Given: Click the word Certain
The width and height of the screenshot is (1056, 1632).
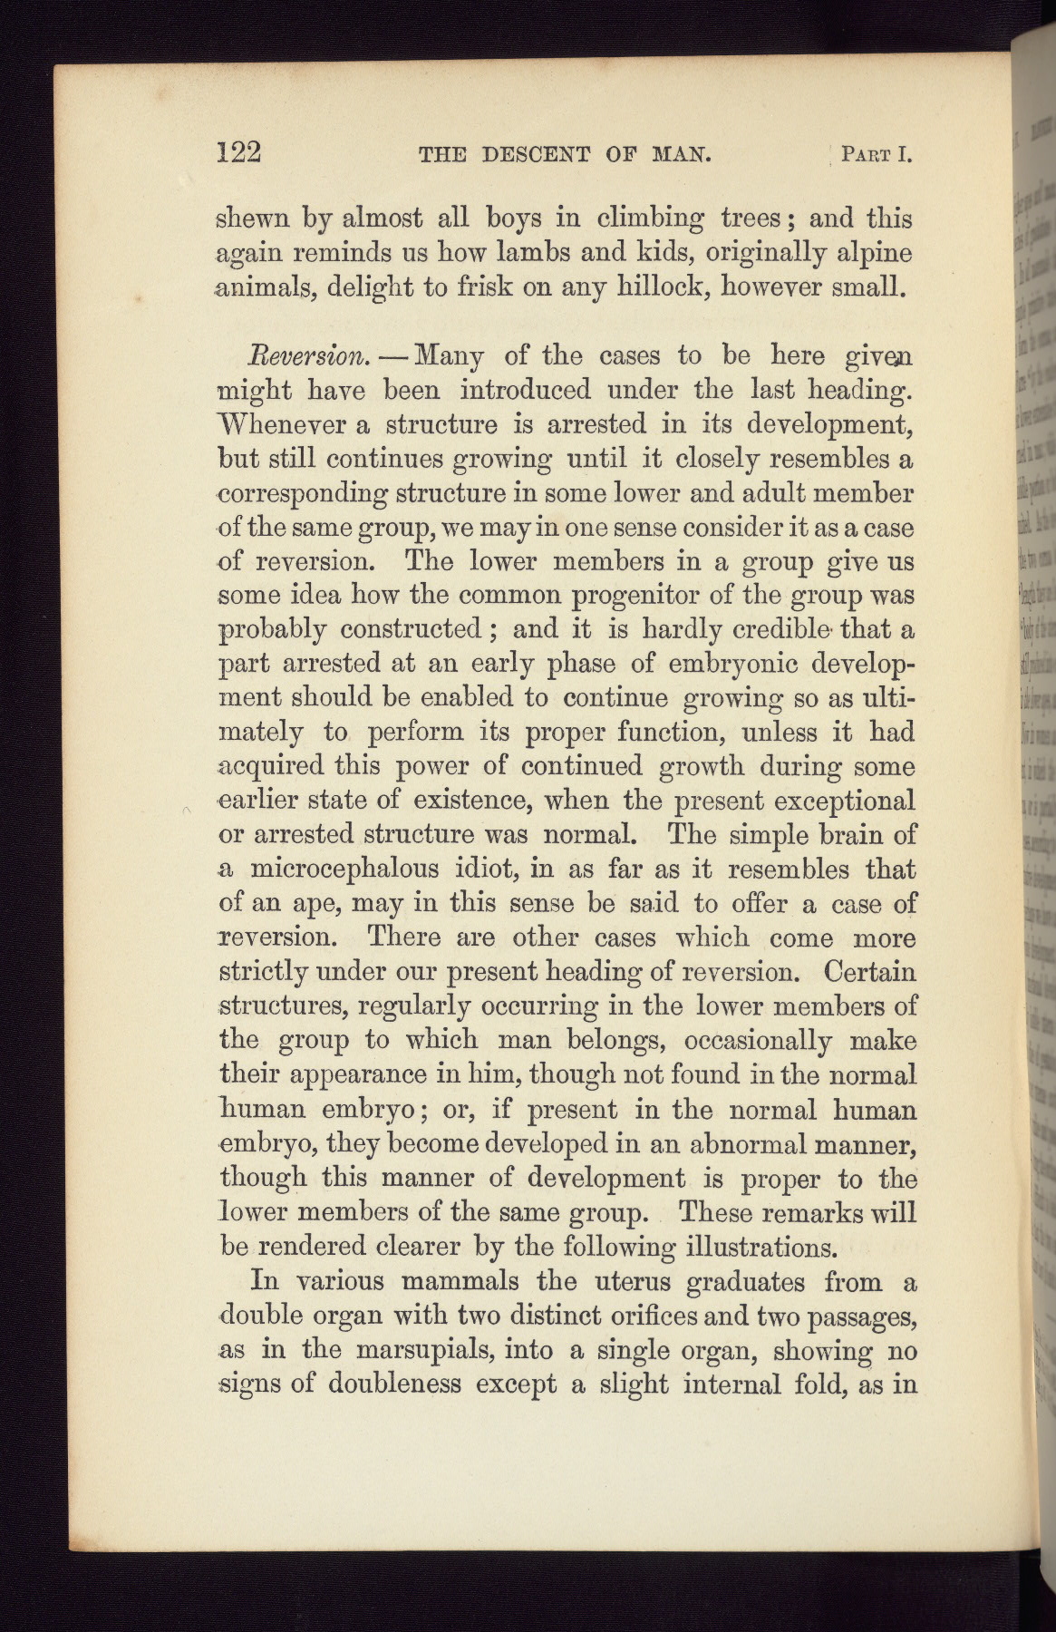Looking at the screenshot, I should pyautogui.click(x=870, y=972).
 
